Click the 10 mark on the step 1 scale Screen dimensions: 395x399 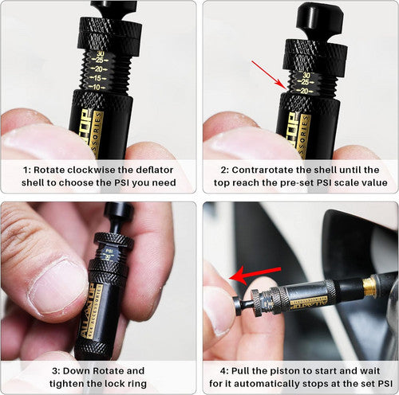[x=95, y=87]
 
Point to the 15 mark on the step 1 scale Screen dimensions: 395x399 [x=96, y=77]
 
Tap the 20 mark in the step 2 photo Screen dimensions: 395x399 [x=305, y=90]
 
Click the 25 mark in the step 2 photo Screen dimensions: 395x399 [x=306, y=82]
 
